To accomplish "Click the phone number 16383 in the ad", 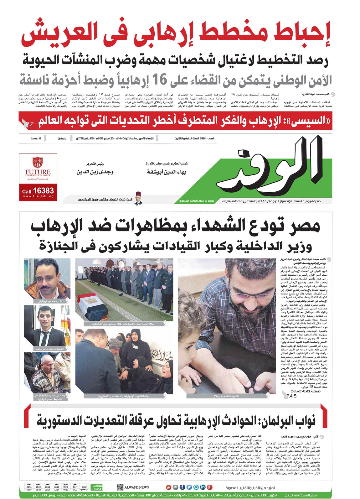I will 43,190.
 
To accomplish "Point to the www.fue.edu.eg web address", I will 38,196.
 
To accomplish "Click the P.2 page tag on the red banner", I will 29,124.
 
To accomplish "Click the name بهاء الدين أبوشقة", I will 166,172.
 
